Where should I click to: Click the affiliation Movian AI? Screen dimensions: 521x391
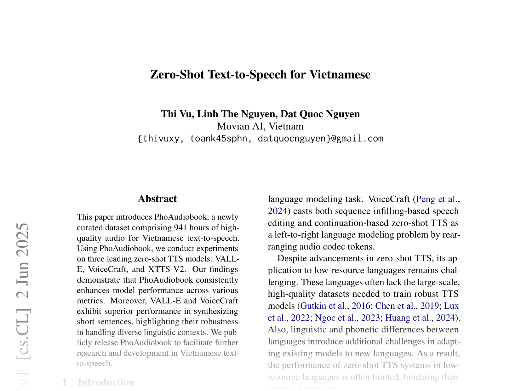[x=240, y=126]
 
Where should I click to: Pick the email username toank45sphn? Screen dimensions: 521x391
[x=218, y=139]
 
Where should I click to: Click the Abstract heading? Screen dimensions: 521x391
[x=157, y=199]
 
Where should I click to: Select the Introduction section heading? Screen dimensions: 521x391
[x=106, y=382]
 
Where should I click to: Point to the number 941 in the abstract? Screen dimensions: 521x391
[x=181, y=228]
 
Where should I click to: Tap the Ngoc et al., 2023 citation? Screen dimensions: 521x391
[x=347, y=318]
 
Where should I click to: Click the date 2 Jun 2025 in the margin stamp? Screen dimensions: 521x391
[x=23, y=261]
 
